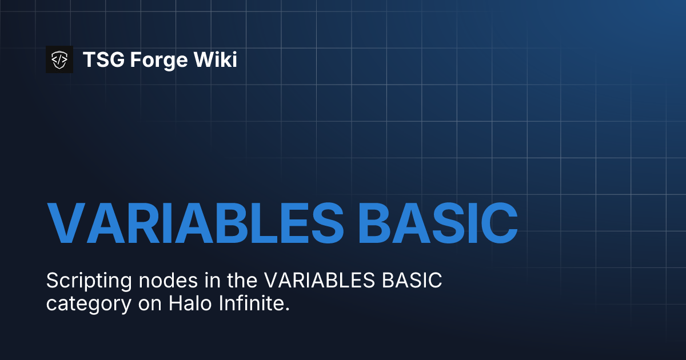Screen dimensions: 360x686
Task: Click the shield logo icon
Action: pos(59,59)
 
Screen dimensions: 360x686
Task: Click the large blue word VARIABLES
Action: pos(194,222)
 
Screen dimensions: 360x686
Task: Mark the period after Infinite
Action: pos(288,308)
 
